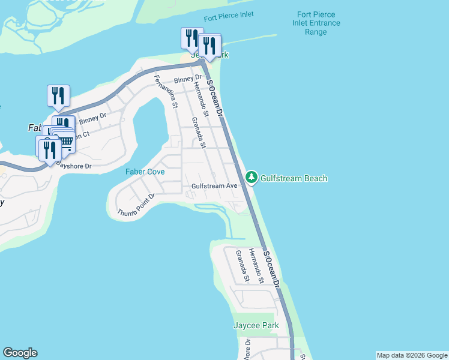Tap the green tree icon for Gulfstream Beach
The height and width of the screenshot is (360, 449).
click(x=252, y=178)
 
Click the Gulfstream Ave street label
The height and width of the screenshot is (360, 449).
click(x=215, y=186)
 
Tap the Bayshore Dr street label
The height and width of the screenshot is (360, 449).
click(x=73, y=164)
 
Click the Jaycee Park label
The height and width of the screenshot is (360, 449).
click(x=256, y=326)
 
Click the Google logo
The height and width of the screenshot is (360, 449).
click(x=20, y=353)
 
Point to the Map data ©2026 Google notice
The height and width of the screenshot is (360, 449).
click(x=412, y=355)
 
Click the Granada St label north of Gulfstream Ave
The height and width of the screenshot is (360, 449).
click(x=199, y=133)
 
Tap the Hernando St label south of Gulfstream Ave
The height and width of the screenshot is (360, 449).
click(x=257, y=266)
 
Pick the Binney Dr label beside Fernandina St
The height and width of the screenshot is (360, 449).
click(x=188, y=79)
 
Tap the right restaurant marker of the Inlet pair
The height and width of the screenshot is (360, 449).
click(x=209, y=44)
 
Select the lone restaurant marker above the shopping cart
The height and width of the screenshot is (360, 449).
click(x=58, y=95)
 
